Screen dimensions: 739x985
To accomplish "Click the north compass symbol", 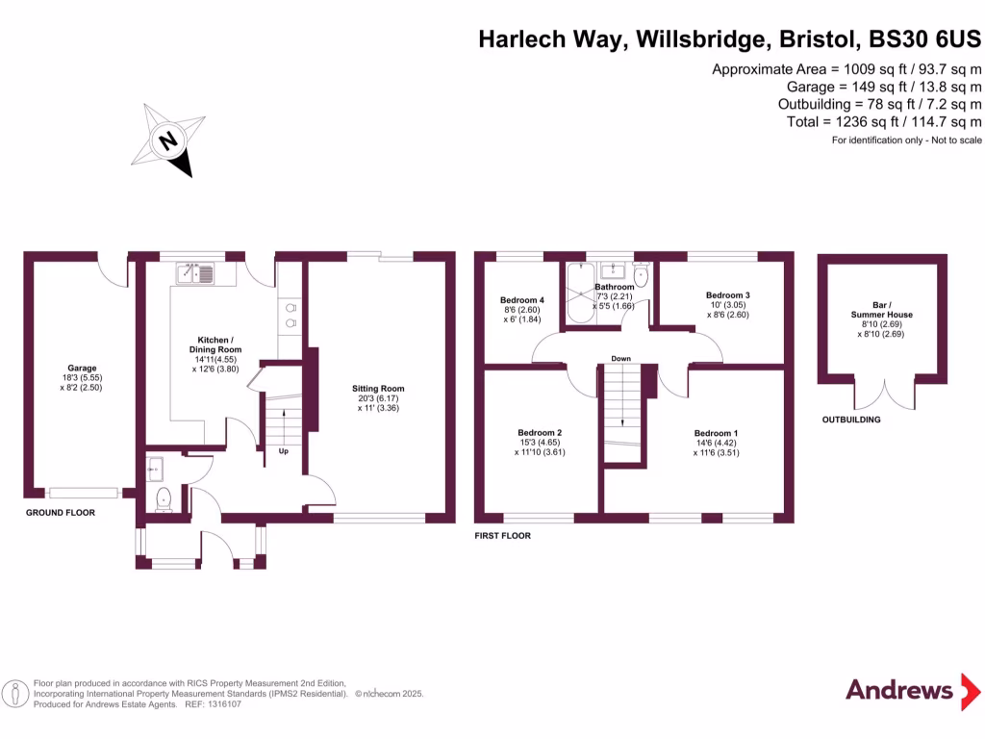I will [174, 140].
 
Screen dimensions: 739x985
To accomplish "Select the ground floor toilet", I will [163, 498].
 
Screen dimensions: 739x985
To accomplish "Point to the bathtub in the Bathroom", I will [580, 294].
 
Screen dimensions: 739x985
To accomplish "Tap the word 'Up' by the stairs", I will [283, 450].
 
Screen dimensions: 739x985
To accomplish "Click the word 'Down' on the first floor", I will [620, 359].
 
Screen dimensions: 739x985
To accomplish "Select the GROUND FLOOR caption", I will [61, 513].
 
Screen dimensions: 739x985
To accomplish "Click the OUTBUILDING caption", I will [850, 420].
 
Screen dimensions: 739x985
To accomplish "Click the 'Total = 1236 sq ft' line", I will [883, 121].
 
